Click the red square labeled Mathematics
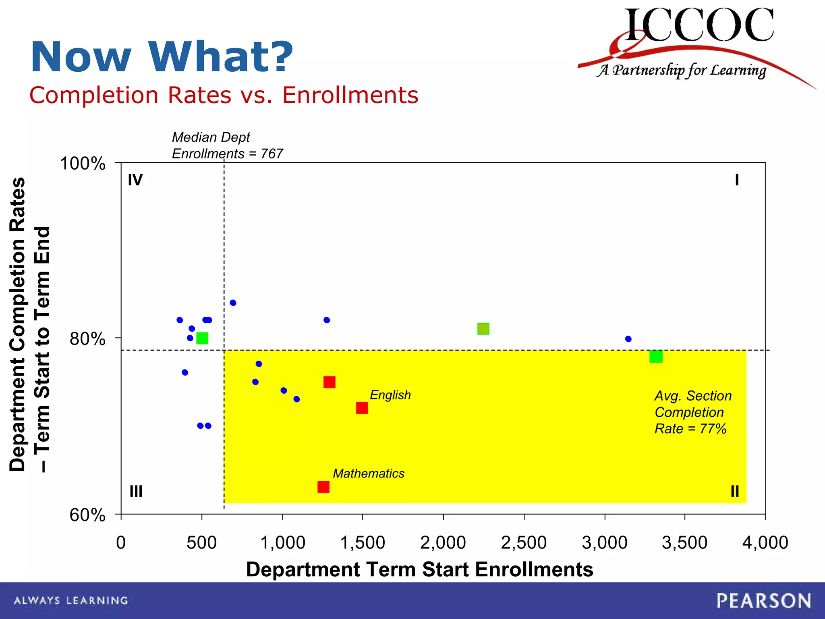pyautogui.click(x=323, y=487)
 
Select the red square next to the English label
pyautogui.click(x=362, y=408)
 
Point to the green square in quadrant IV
pyautogui.click(x=202, y=338)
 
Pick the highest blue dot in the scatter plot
pyautogui.click(x=233, y=303)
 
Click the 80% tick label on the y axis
pyautogui.click(x=87, y=339)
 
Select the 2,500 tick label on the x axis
pyautogui.click(x=524, y=542)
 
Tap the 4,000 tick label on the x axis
pyautogui.click(x=765, y=542)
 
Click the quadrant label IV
pyautogui.click(x=135, y=180)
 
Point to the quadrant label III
pyautogui.click(x=136, y=492)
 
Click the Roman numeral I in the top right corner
pyautogui.click(x=737, y=180)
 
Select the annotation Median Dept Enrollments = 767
pyautogui.click(x=227, y=145)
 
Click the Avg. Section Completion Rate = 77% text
pyautogui.click(x=692, y=412)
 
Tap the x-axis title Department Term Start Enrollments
pyautogui.click(x=419, y=569)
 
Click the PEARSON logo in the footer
pyautogui.click(x=763, y=601)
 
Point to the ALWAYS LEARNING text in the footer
pyautogui.click(x=71, y=601)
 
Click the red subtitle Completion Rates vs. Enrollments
pyautogui.click(x=224, y=96)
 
